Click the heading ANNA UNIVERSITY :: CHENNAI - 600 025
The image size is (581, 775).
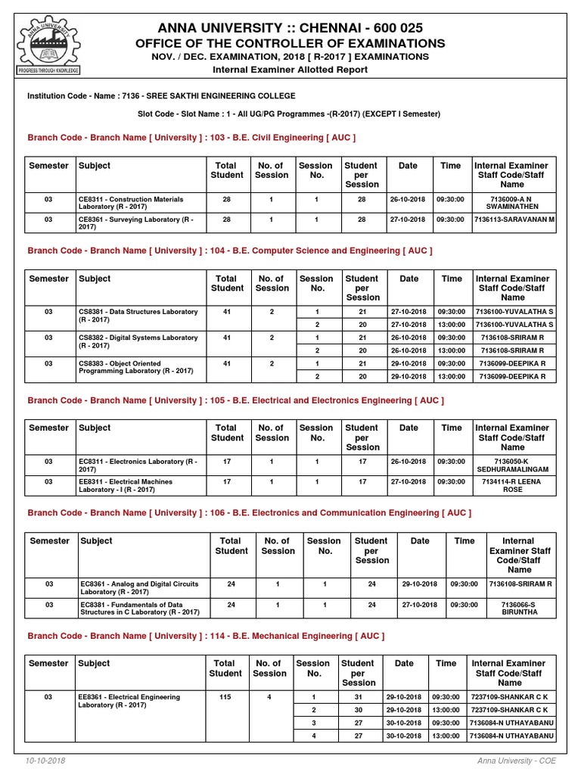[290, 26]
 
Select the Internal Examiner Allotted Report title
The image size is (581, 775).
[290, 70]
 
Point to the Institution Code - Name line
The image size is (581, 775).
[161, 96]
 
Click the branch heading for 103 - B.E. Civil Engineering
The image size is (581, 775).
[191, 138]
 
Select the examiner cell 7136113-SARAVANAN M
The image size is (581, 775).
[514, 219]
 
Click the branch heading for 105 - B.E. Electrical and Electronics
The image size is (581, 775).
[235, 400]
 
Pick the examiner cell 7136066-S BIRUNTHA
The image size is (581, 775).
[520, 608]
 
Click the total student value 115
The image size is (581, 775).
[225, 697]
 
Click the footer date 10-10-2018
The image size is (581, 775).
[46, 760]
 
